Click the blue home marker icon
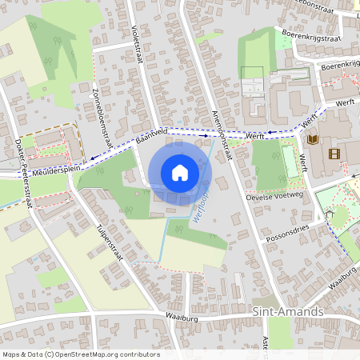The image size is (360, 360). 180,172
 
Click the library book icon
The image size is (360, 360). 312,139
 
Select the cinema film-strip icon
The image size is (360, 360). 334,153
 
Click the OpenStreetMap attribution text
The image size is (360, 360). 81,354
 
